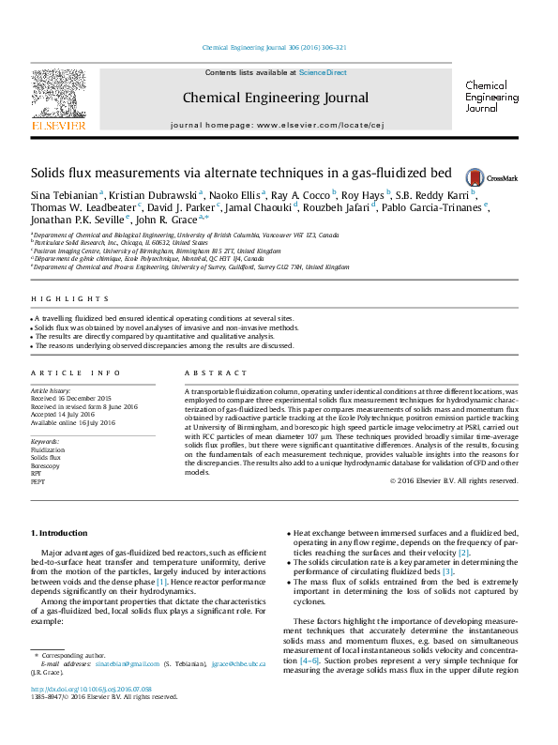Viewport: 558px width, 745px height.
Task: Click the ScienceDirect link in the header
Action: point(323,72)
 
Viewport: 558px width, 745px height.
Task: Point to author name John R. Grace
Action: point(149,221)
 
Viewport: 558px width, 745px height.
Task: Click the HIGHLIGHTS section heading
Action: point(57,299)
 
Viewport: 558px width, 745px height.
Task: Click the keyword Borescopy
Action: point(44,464)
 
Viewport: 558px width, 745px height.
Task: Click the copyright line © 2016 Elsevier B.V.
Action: point(454,480)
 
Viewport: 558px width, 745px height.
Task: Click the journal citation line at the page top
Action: point(275,47)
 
